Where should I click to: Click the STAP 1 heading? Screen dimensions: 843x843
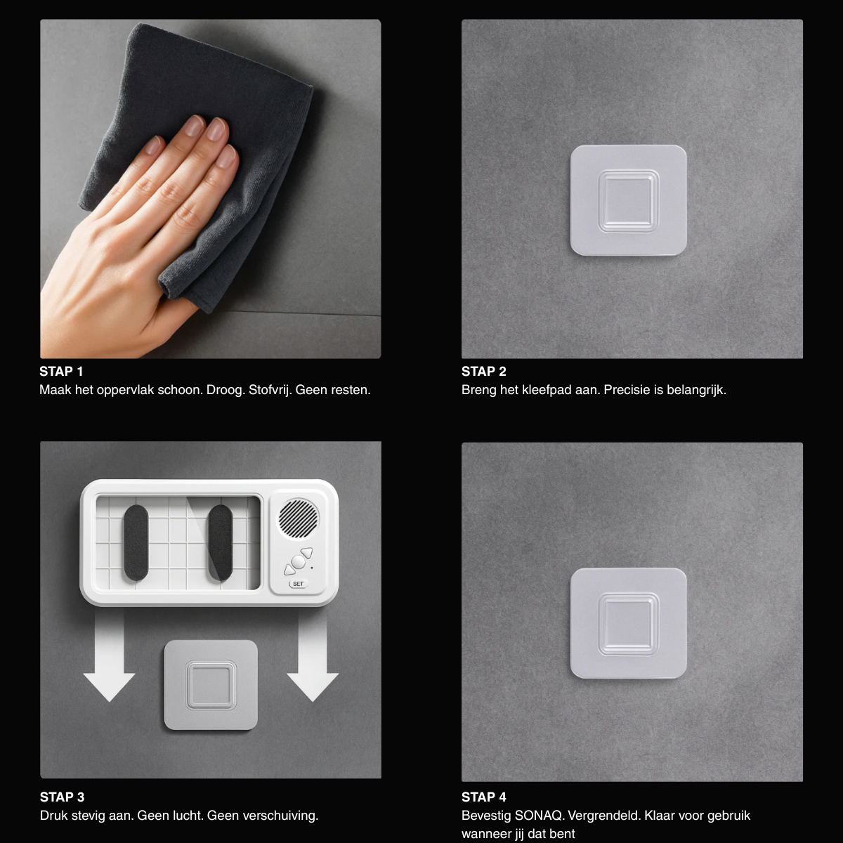[61, 372]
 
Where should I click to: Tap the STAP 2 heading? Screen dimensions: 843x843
[484, 372]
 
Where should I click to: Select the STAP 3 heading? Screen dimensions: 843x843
[62, 797]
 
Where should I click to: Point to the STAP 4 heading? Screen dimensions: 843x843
[484, 797]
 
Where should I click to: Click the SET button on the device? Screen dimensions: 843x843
[298, 584]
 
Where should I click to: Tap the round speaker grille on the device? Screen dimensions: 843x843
[299, 518]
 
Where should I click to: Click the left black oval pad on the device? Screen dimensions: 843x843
[136, 543]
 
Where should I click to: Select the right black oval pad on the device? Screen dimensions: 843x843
[220, 543]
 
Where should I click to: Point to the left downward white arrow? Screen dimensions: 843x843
[109, 656]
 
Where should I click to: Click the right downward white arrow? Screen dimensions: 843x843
[313, 656]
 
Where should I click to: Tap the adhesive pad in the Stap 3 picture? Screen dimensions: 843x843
[211, 685]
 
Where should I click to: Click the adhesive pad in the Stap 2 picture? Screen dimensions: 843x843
[629, 200]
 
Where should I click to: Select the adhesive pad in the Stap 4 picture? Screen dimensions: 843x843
[629, 623]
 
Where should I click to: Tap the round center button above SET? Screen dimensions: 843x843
[299, 562]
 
